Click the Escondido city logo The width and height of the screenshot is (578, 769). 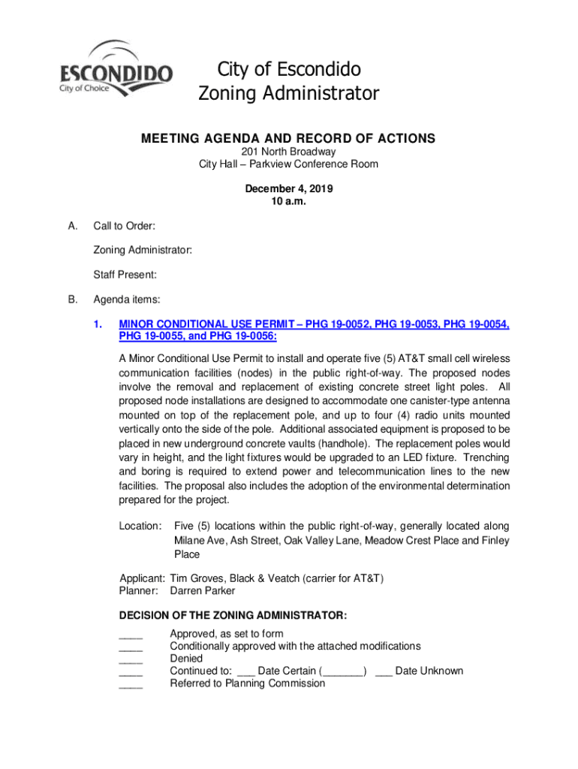[x=116, y=68]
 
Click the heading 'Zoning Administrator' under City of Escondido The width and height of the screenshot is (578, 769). [x=288, y=94]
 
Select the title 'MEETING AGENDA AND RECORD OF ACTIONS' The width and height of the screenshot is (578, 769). [x=288, y=138]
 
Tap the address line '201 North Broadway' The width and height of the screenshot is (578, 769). [x=288, y=152]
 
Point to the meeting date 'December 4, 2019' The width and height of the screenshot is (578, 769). [x=288, y=188]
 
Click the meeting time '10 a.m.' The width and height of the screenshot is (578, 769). [x=288, y=201]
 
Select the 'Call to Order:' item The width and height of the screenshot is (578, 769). [x=124, y=226]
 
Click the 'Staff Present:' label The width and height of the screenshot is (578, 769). [x=125, y=276]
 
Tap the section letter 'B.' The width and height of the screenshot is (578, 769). [x=73, y=300]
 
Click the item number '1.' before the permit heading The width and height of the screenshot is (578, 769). [x=98, y=325]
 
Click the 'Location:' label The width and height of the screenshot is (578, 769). [x=140, y=526]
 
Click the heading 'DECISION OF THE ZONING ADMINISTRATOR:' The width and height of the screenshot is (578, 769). [x=233, y=616]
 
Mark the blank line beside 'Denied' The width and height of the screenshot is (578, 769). [x=131, y=660]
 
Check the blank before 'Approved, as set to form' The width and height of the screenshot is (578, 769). [x=131, y=635]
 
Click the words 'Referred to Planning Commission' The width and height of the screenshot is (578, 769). [x=247, y=683]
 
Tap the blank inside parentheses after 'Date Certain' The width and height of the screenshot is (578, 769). [x=343, y=672]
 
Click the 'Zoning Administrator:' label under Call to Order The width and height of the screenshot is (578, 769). [x=142, y=251]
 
